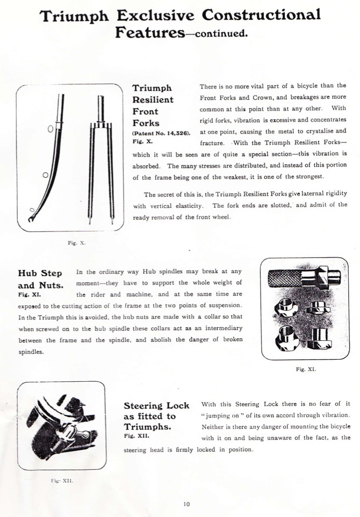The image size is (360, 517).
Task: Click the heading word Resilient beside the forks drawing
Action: tap(153, 100)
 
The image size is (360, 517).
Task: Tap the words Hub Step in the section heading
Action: tap(40, 273)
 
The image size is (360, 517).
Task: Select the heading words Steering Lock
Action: tap(156, 405)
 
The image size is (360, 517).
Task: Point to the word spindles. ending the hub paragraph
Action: tap(31, 352)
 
